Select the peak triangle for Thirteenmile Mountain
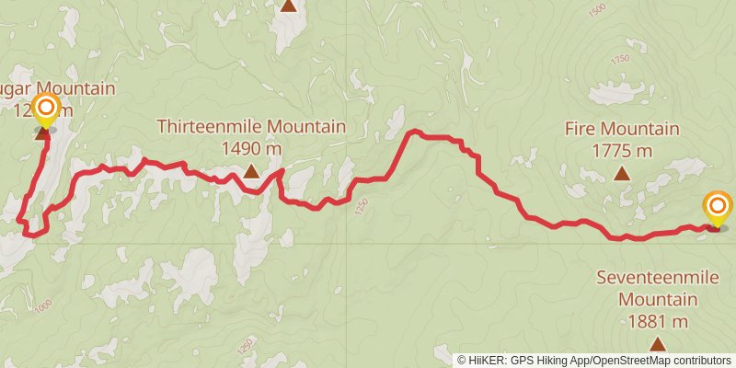coord(251,170)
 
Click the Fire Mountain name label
coord(622,130)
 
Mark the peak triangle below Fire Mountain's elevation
coord(622,173)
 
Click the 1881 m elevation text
coord(657,321)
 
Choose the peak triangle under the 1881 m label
coord(657,344)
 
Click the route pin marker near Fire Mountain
coord(717,207)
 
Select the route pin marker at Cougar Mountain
coord(44,110)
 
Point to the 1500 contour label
coord(597,11)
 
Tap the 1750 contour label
coord(618,61)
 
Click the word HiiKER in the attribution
coord(489,360)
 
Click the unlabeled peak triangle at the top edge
coord(289,6)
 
